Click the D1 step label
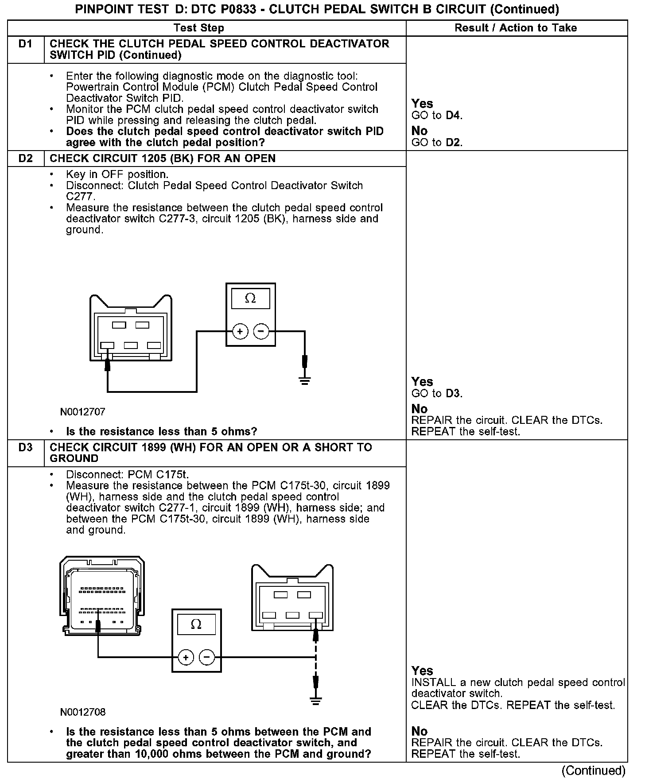26,44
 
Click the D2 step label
26,159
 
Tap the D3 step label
26,447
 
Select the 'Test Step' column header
199,28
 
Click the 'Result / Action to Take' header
516,28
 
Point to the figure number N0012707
83,412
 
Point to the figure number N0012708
83,712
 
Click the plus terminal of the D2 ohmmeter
240,331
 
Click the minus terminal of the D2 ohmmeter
261,331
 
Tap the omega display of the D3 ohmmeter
196,624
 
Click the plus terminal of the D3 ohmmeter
186,657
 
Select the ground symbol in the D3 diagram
315,701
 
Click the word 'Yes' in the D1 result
422,104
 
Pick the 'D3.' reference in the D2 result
454,393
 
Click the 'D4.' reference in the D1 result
454,116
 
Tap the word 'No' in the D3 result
420,731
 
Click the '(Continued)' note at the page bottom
593,771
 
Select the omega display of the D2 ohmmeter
250,298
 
